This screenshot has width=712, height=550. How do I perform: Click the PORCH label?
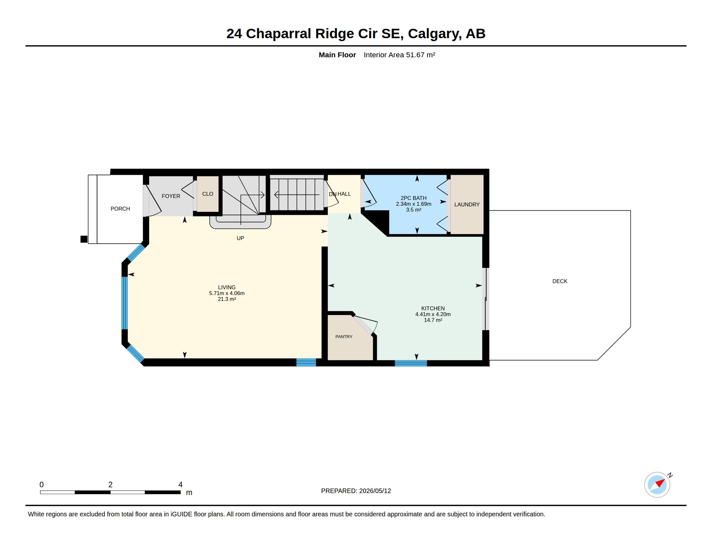(x=120, y=209)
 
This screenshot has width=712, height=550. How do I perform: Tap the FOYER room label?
(x=171, y=196)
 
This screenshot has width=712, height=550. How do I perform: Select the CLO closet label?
(x=208, y=194)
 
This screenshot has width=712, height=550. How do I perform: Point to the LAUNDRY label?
(x=467, y=204)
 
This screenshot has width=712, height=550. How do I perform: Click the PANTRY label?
(x=344, y=337)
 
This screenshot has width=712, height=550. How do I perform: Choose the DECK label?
(x=560, y=281)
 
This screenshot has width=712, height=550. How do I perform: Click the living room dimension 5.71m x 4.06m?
(x=227, y=293)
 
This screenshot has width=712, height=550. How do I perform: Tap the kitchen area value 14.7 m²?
(x=433, y=320)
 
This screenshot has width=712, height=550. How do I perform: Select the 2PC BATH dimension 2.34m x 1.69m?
(x=414, y=204)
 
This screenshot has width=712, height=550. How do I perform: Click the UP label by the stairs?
(x=240, y=238)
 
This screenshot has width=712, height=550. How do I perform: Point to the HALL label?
(x=344, y=194)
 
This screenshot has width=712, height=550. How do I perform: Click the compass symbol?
(x=657, y=485)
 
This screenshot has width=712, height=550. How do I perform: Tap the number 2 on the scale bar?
(x=110, y=484)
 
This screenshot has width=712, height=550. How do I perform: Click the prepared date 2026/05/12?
(x=375, y=491)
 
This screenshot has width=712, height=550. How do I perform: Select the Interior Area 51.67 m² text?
(x=399, y=55)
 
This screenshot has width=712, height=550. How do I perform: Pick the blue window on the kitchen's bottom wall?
(x=411, y=363)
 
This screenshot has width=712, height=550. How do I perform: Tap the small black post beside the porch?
(x=84, y=239)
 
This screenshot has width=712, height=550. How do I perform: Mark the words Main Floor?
(x=337, y=55)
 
